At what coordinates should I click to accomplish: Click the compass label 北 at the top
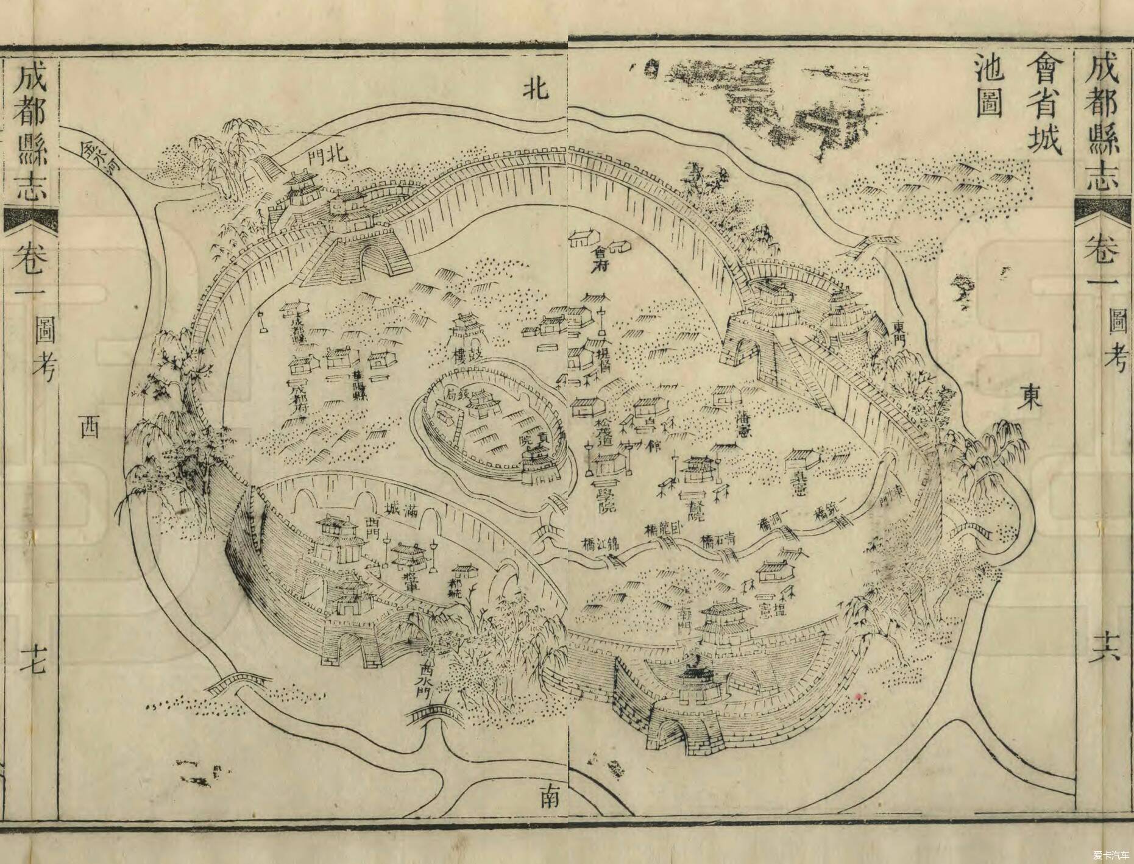[x=537, y=90]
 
